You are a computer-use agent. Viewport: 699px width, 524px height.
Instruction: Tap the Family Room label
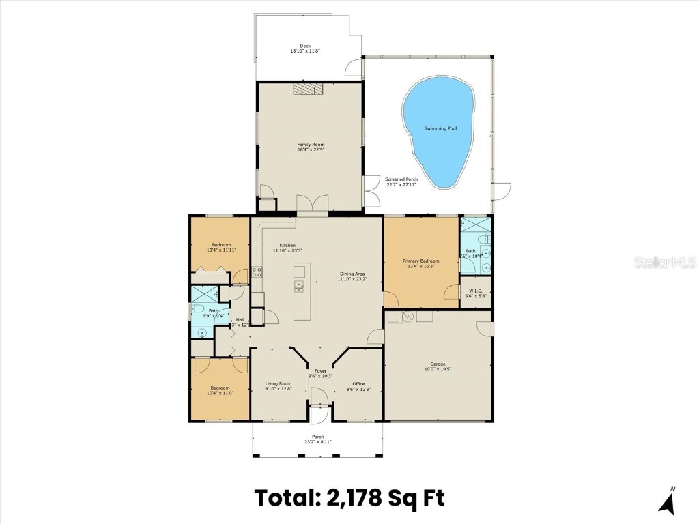(x=311, y=145)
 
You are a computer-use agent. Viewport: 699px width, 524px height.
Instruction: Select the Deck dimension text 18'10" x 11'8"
(x=305, y=51)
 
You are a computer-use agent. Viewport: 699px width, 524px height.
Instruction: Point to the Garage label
(x=438, y=364)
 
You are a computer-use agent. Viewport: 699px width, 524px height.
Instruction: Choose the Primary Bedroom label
(x=420, y=261)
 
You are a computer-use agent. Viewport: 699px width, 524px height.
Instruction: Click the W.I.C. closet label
(x=476, y=291)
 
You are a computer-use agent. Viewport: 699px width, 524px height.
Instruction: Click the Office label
(x=359, y=383)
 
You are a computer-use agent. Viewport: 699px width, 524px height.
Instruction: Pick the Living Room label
(x=279, y=383)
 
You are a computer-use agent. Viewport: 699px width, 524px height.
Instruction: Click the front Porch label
(x=318, y=437)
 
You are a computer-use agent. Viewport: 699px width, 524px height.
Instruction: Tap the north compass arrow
(x=668, y=503)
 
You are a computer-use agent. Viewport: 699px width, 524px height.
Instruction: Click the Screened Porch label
(x=401, y=179)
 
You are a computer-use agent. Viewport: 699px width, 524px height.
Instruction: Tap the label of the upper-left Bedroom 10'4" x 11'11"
(x=221, y=245)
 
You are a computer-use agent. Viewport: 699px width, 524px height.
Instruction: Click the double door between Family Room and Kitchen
(x=313, y=204)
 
